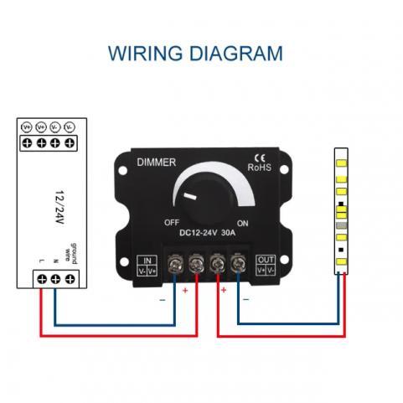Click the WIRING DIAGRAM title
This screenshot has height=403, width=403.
pyautogui.click(x=195, y=54)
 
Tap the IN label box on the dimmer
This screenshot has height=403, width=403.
pyautogui.click(x=146, y=264)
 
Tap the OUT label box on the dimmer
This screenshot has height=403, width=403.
pyautogui.click(x=266, y=264)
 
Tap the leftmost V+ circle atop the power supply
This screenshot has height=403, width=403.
pyautogui.click(x=26, y=127)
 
